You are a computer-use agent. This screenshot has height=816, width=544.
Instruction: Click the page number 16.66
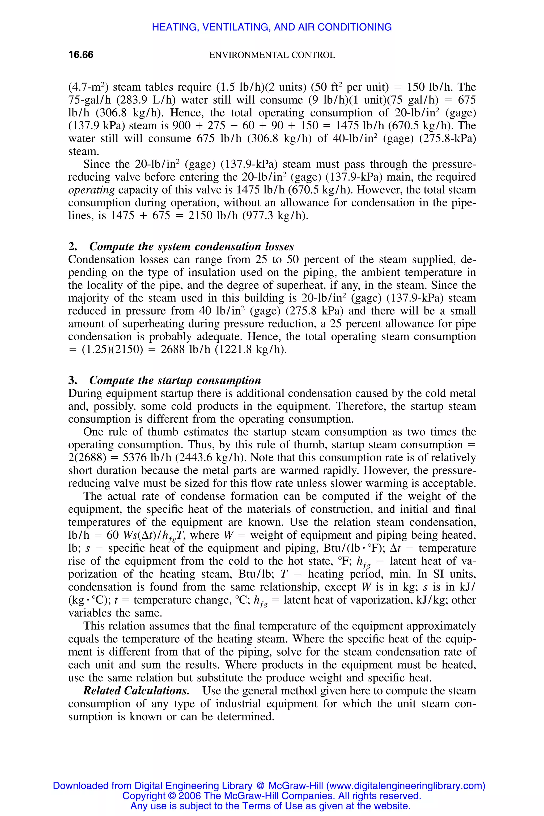point(81,55)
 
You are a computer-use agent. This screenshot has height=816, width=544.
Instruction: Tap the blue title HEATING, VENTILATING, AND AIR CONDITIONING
point(272,27)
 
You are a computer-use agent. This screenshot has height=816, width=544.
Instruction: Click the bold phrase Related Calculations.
point(136,691)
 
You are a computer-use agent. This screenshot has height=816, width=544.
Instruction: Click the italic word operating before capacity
point(91,190)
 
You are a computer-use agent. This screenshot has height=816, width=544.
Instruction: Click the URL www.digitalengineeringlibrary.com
point(406,785)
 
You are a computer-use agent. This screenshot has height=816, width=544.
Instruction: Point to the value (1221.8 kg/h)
point(251,349)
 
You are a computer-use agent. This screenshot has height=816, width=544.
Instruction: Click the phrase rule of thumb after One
point(143,432)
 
